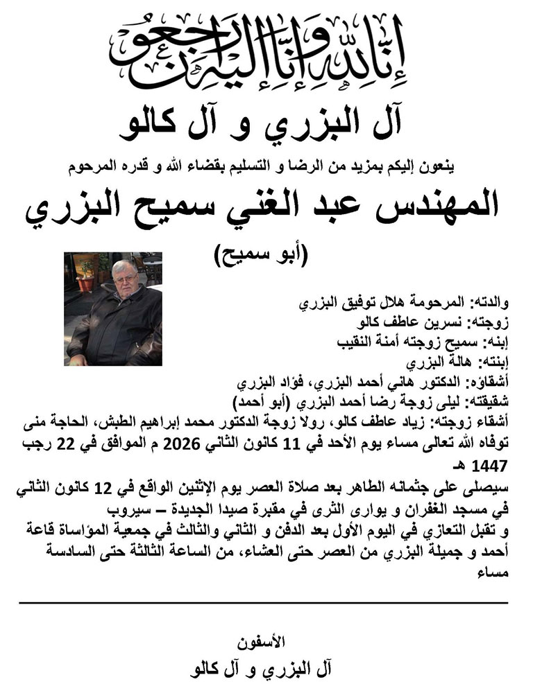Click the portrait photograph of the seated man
(113, 309)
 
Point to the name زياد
(436, 421)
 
